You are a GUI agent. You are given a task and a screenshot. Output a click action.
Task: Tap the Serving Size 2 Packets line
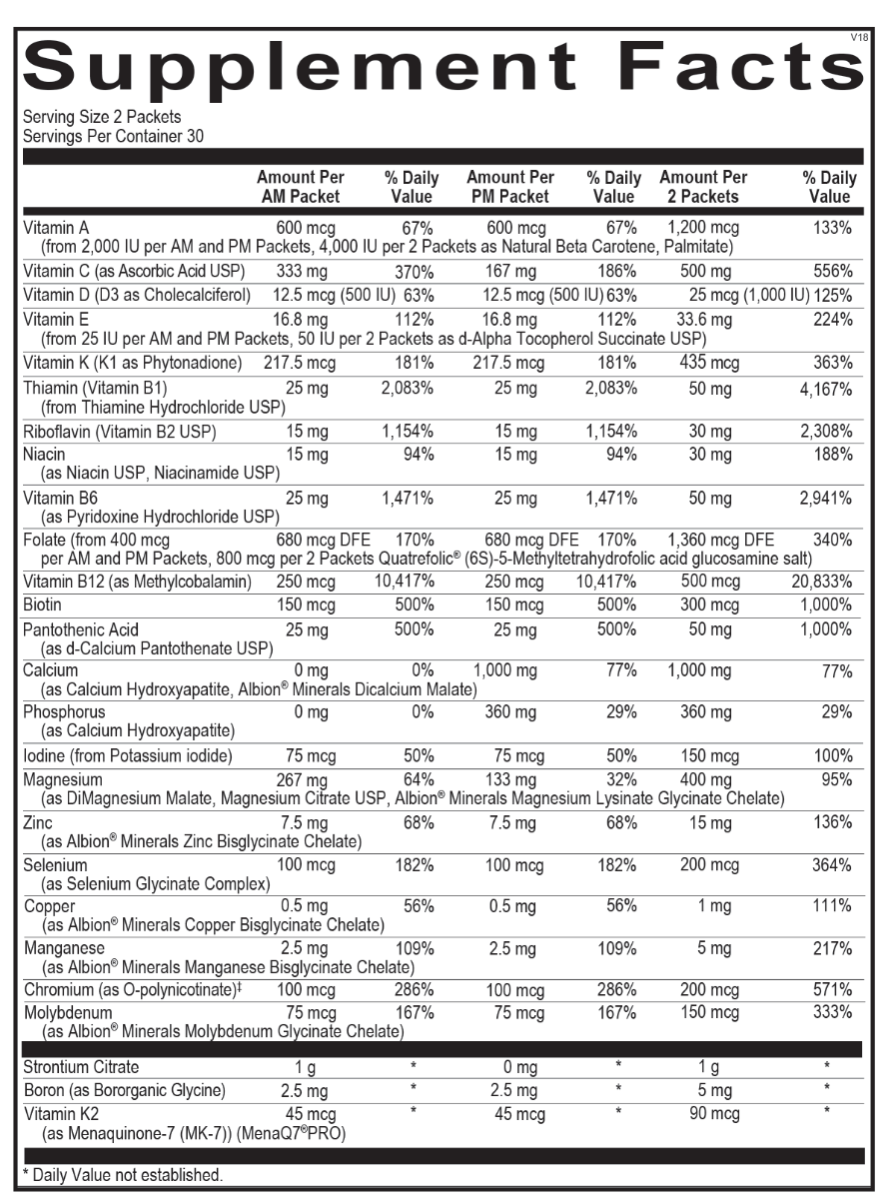coord(88,118)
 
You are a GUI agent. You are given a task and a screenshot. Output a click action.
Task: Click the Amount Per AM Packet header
coord(300,187)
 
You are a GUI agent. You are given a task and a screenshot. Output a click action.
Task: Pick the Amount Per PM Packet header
coord(509,187)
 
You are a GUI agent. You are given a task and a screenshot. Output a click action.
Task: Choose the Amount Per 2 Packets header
coord(703,187)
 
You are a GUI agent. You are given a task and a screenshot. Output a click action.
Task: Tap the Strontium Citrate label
coord(81,1067)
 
